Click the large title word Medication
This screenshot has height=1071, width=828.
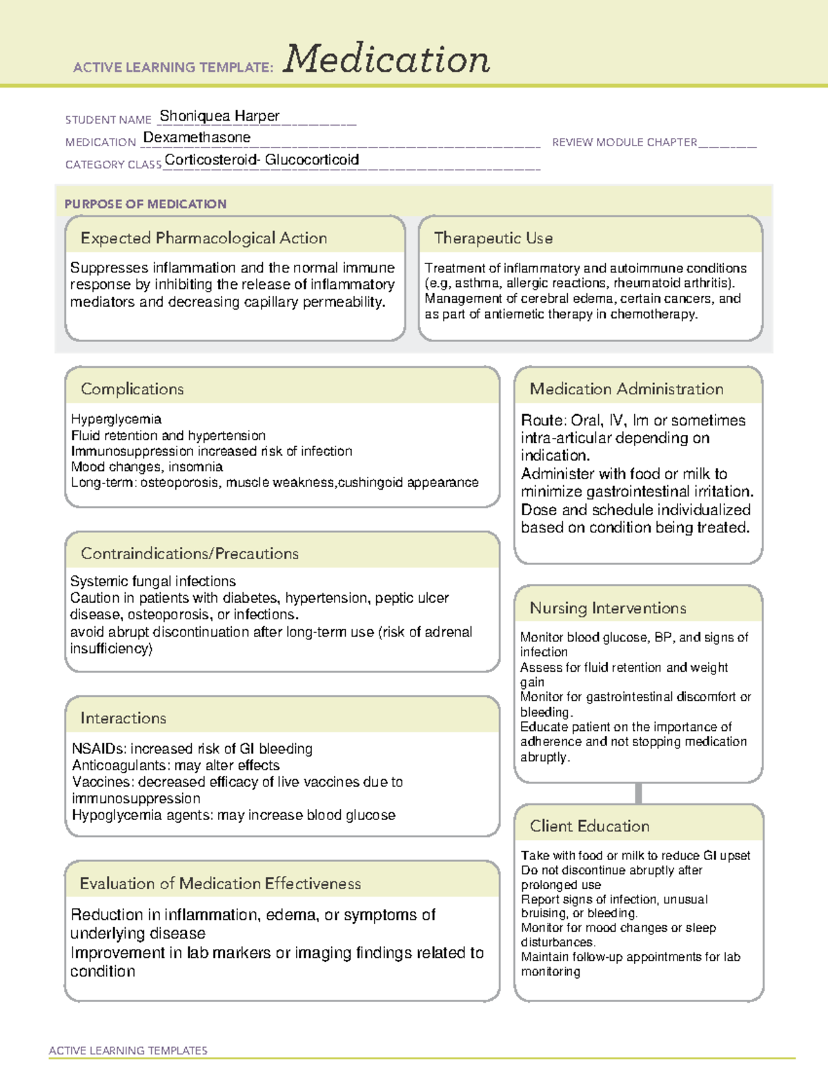[x=386, y=59]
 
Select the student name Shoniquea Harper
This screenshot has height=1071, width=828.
[x=219, y=116]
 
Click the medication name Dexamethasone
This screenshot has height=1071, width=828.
[x=197, y=137]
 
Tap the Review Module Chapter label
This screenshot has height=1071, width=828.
[x=624, y=142]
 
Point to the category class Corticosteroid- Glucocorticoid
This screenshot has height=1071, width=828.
[x=262, y=160]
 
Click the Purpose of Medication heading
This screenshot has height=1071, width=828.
[x=145, y=204]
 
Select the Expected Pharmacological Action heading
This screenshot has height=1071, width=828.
[x=204, y=238]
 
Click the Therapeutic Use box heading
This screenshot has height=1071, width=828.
[x=493, y=238]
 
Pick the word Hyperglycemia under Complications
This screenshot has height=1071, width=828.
[x=116, y=419]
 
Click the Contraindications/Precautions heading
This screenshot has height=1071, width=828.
[x=189, y=554]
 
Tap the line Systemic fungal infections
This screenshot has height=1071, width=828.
[x=152, y=581]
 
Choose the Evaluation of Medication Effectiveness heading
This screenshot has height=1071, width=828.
[x=220, y=883]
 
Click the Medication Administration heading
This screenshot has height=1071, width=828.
[x=626, y=389]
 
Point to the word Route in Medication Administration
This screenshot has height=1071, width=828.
[x=542, y=421]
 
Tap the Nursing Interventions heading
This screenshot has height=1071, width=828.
[x=607, y=608]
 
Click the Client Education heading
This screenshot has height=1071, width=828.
[x=589, y=826]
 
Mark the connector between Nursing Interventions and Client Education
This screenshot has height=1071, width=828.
[x=638, y=793]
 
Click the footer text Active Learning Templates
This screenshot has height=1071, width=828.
[x=128, y=1050]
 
